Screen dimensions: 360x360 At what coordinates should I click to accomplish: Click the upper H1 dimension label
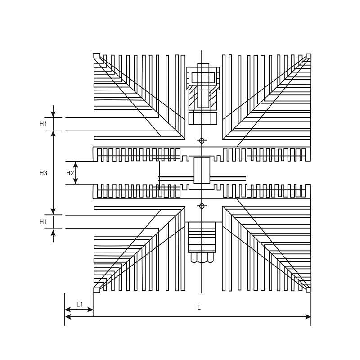[43, 124]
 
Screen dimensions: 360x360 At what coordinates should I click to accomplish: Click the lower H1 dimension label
[43, 221]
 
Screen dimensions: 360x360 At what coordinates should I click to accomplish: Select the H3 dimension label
[43, 173]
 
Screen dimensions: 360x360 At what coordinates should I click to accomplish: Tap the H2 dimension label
[70, 173]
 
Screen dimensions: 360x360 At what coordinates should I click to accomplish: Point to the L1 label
[80, 305]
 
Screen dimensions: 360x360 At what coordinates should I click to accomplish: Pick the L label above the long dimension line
[199, 308]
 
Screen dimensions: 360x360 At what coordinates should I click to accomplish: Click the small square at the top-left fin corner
[96, 56]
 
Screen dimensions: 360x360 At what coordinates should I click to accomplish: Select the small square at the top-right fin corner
[308, 56]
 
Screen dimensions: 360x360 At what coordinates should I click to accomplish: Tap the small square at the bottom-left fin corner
[96, 289]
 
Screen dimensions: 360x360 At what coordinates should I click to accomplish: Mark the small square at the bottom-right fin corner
[308, 289]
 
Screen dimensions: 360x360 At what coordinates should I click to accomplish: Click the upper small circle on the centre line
[202, 141]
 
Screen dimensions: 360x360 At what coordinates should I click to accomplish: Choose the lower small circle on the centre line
[202, 206]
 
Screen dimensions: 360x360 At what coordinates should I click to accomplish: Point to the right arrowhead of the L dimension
[308, 317]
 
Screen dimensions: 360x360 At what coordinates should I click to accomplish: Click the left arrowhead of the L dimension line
[68, 317]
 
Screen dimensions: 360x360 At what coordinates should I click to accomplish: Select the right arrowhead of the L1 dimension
[90, 310]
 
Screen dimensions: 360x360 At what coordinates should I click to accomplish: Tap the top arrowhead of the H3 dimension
[53, 133]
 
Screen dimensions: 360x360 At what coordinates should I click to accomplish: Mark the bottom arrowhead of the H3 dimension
[53, 211]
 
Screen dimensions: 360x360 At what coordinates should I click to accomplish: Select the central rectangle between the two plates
[202, 170]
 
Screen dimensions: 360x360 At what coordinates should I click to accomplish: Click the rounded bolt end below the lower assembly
[202, 259]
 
